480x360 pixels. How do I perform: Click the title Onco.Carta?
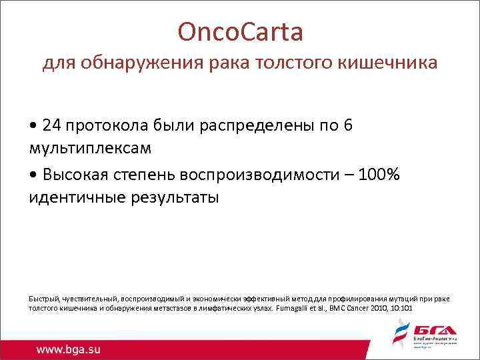[x=240, y=31]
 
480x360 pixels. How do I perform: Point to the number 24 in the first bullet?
[x=49, y=126]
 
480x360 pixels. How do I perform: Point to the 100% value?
[x=379, y=175]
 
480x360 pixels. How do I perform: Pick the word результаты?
[x=172, y=198]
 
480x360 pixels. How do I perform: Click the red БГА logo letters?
[x=433, y=331]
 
